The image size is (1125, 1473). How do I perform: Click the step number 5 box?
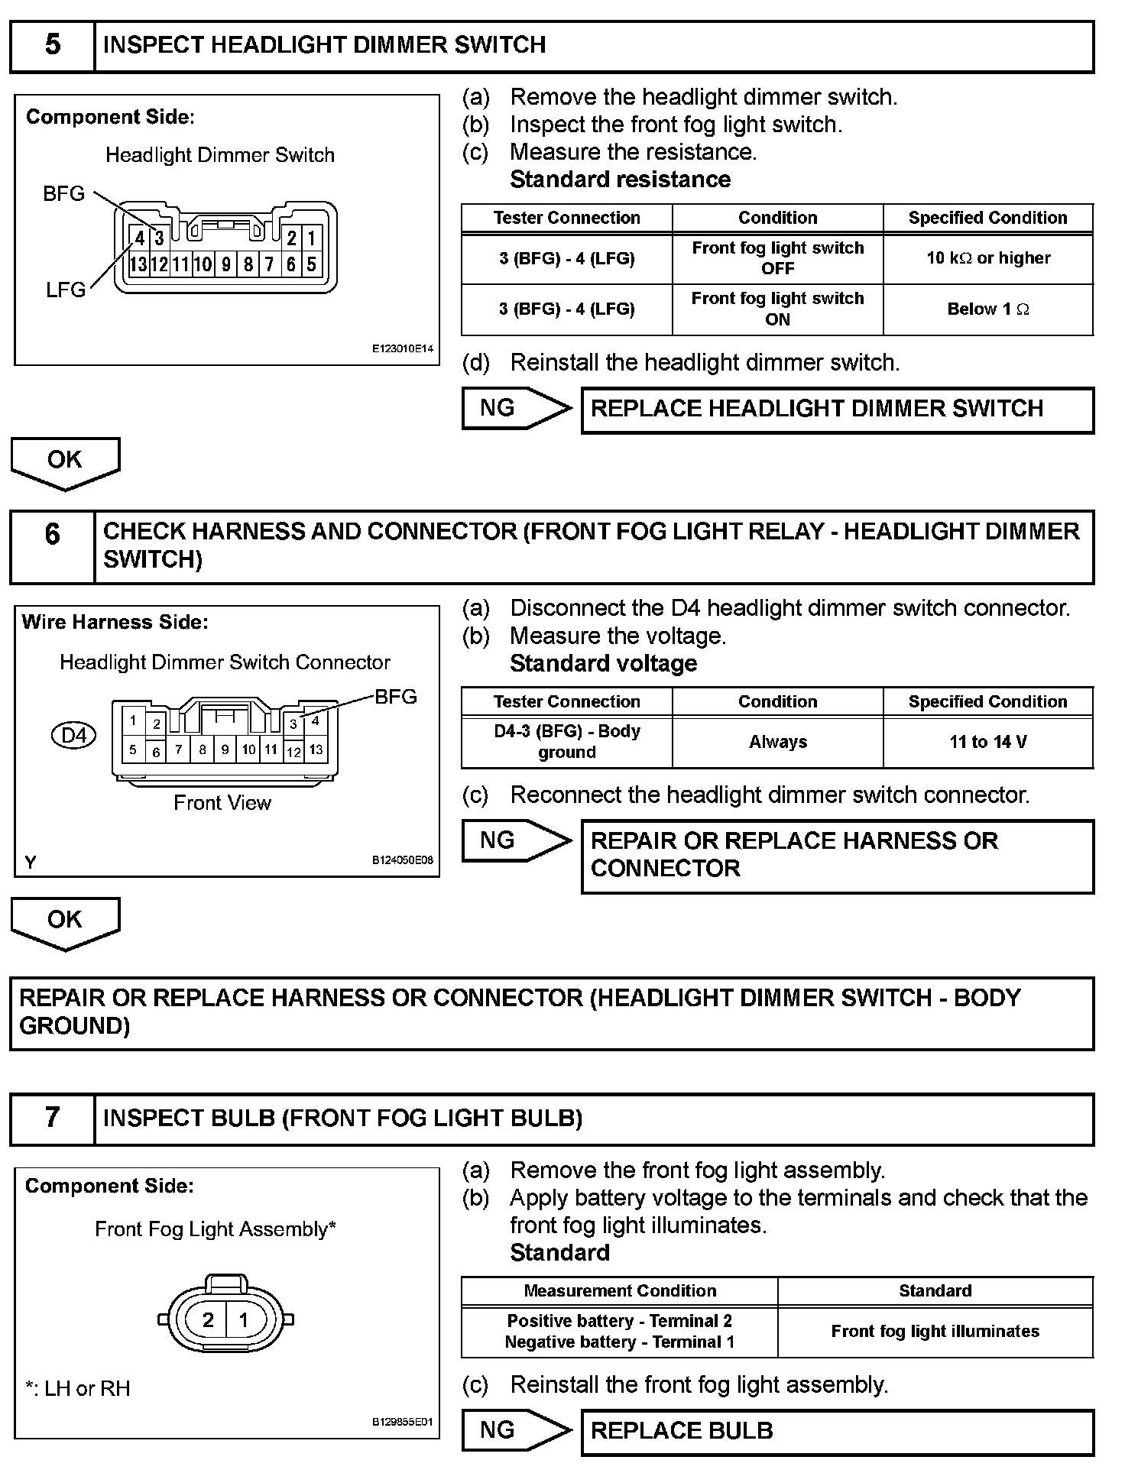(x=52, y=45)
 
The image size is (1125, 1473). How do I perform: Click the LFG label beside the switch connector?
(x=65, y=290)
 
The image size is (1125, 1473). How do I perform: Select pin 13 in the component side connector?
(x=138, y=265)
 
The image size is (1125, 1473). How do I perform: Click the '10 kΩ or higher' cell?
(x=988, y=258)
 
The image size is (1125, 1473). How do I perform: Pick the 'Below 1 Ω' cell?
(x=988, y=309)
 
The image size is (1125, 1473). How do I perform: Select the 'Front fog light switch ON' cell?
(x=777, y=309)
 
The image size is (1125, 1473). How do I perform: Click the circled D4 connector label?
(x=73, y=736)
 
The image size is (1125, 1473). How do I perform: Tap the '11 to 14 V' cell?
(x=988, y=742)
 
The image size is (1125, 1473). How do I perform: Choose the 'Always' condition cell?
(x=777, y=742)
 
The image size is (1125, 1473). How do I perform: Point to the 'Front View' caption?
(x=222, y=803)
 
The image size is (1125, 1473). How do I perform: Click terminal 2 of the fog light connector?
(x=208, y=1319)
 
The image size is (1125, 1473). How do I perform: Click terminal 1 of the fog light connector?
(x=244, y=1319)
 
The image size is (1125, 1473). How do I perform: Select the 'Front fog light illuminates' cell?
(x=935, y=1332)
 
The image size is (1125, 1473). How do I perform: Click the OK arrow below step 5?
(x=65, y=461)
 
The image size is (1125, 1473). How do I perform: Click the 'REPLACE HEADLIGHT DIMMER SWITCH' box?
(x=837, y=410)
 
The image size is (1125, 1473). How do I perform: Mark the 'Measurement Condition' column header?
(x=620, y=1291)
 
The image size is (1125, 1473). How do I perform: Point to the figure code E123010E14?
(x=403, y=349)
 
